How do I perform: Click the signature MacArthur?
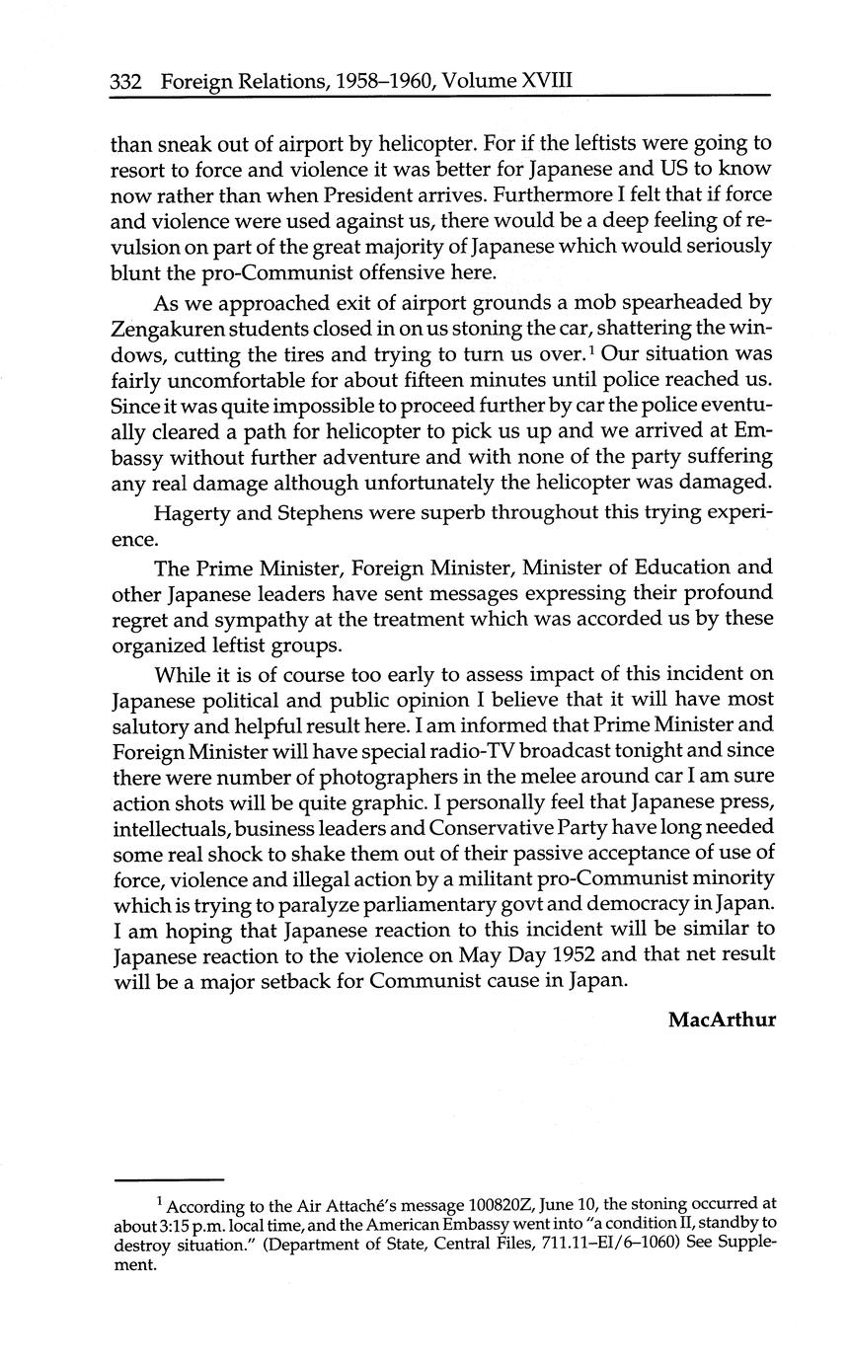coord(722,1019)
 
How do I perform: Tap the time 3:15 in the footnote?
coord(173,1222)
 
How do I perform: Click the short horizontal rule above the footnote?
coord(170,1179)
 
